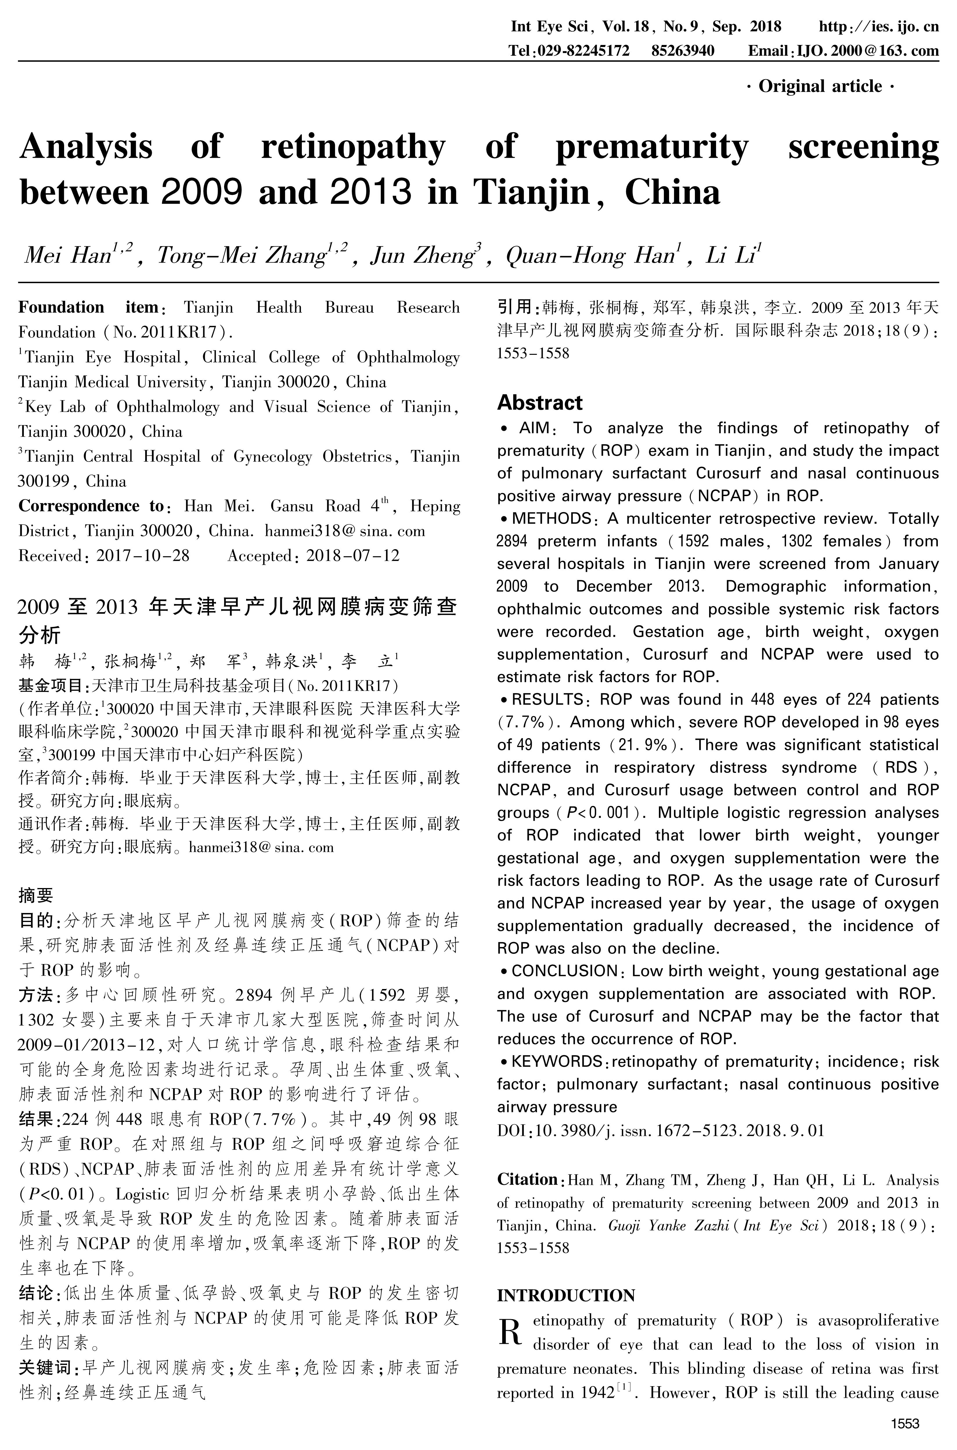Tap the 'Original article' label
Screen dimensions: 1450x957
click(x=820, y=87)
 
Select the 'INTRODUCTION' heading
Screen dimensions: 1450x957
click(x=566, y=1295)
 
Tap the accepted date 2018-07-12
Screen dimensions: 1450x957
click(x=353, y=556)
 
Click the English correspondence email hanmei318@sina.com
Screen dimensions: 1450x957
click(x=345, y=531)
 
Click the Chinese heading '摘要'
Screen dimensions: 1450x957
click(x=35, y=896)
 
